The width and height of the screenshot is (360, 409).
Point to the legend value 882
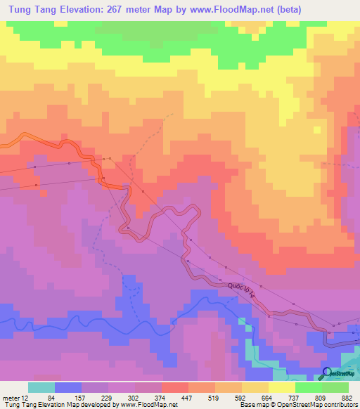click(x=347, y=397)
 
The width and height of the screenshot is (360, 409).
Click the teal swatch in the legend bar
click(x=42, y=387)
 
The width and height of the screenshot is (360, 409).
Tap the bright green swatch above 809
click(x=308, y=387)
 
